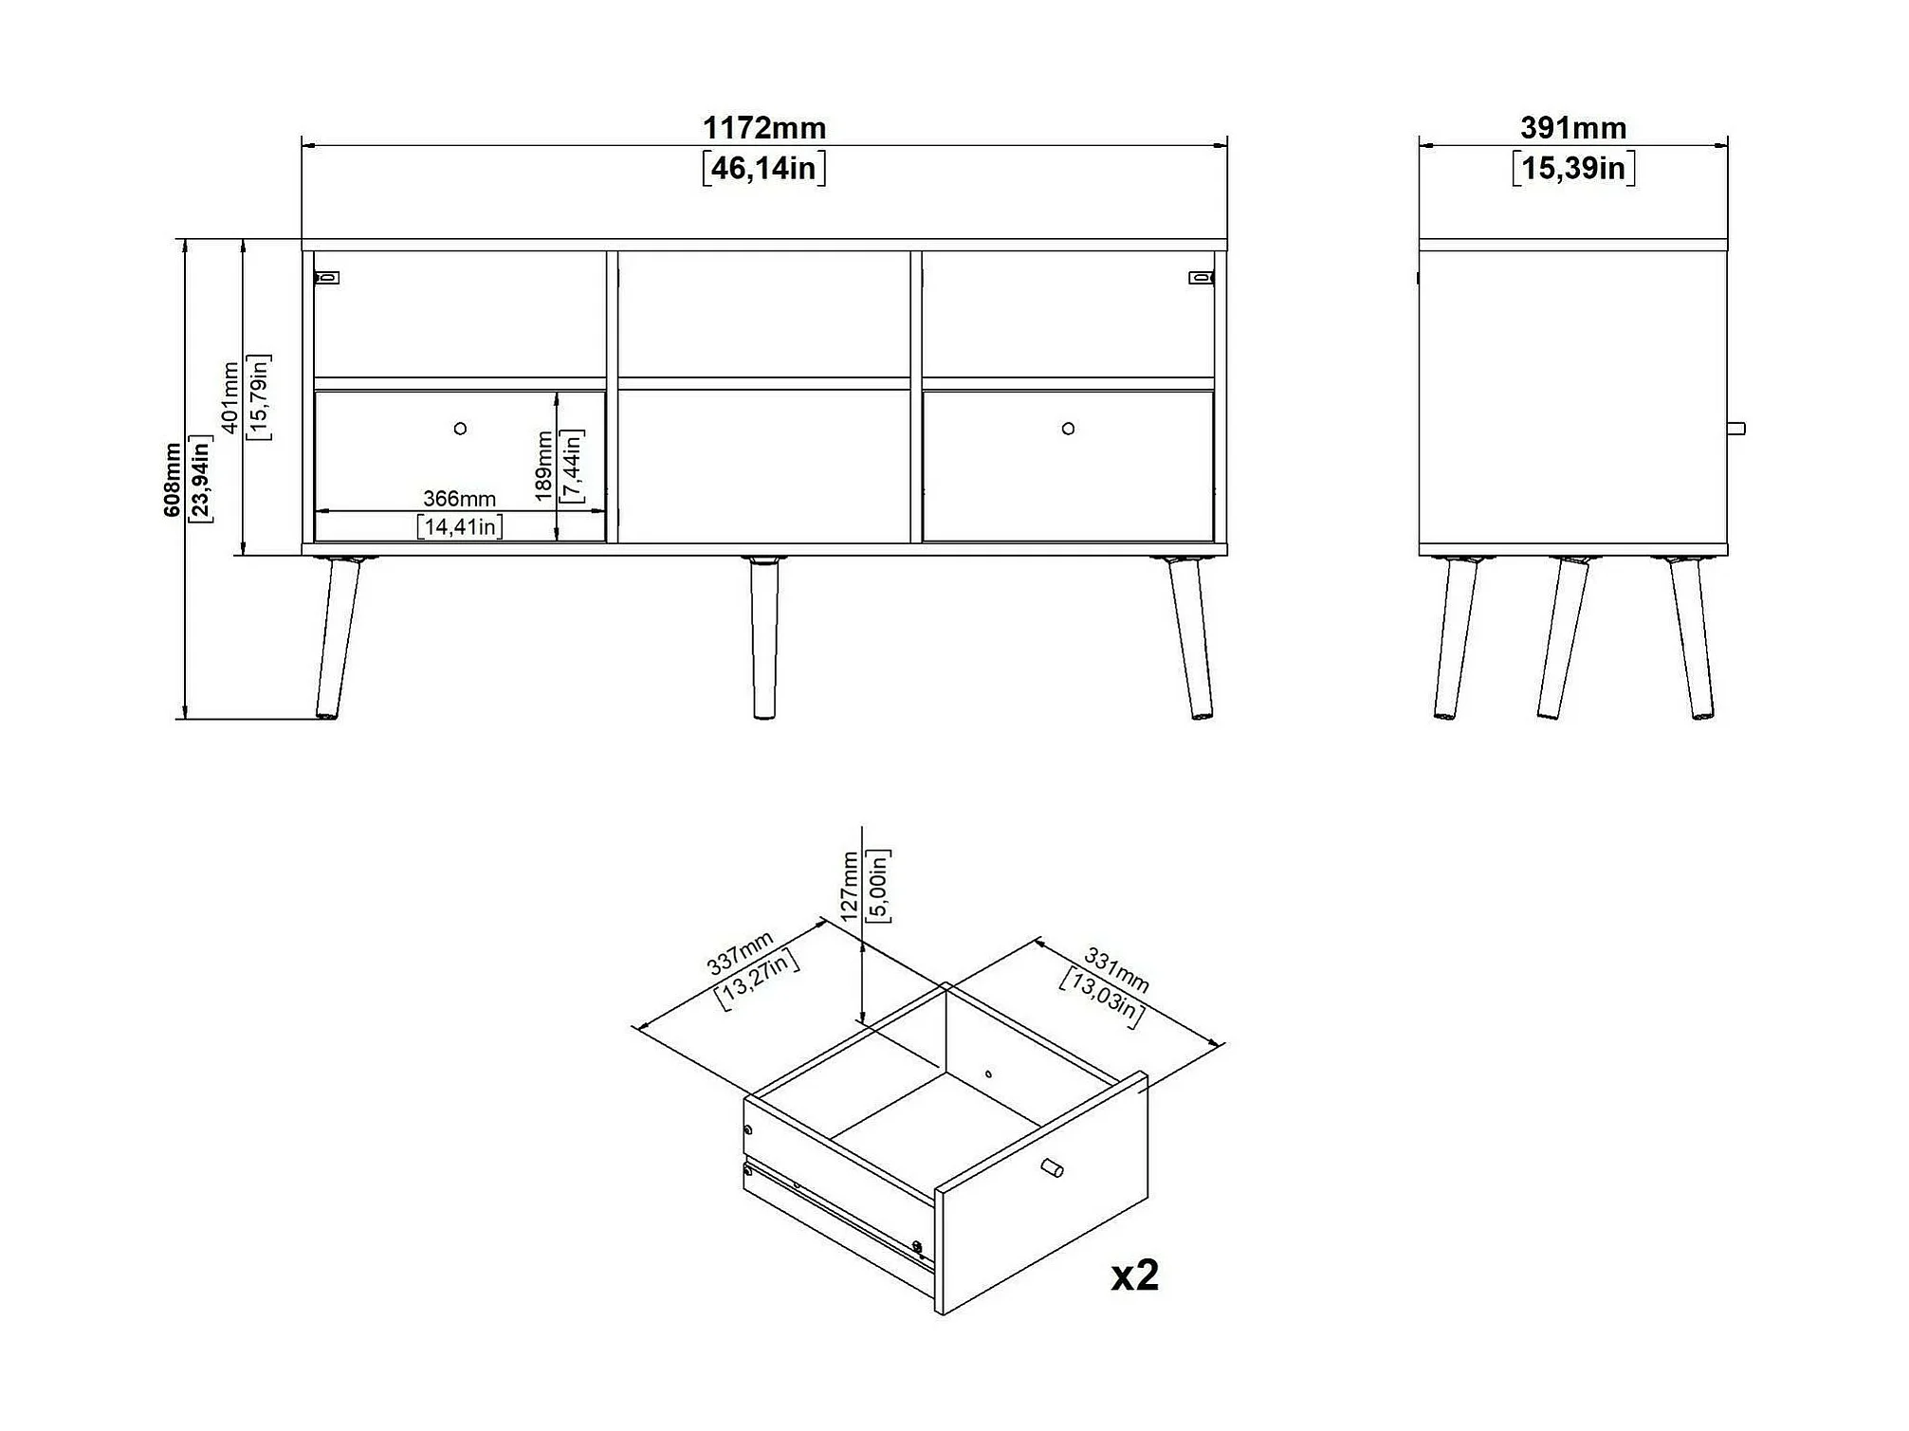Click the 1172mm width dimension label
[763, 127]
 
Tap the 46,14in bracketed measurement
[763, 169]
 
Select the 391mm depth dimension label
[1573, 127]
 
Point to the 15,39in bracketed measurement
[1573, 169]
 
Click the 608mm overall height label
[173, 480]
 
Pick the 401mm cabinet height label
[229, 397]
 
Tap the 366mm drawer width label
[459, 498]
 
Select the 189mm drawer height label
[543, 467]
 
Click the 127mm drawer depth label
[850, 886]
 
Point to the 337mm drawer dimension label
[741, 952]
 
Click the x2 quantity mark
[1135, 1275]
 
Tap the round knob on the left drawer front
[460, 429]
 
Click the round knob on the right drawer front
[1068, 429]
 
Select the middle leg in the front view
[763, 637]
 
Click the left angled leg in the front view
[339, 637]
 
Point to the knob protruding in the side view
[1736, 429]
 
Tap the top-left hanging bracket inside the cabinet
[326, 278]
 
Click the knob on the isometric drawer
[1052, 1168]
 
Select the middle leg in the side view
[1562, 637]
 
